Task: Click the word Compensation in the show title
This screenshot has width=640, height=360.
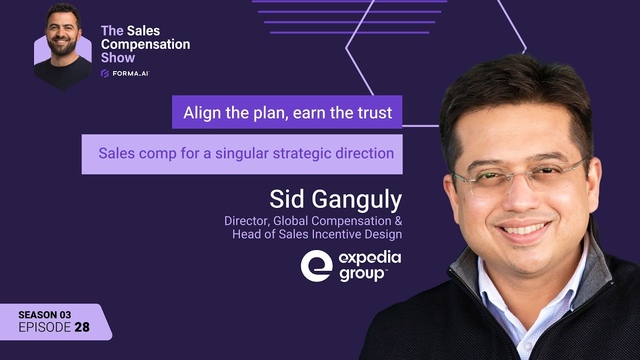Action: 145,44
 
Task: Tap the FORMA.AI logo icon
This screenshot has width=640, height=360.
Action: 105,73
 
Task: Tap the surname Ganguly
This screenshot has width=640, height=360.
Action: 357,199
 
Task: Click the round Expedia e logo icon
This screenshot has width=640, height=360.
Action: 316,266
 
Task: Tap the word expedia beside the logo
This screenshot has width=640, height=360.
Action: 370,258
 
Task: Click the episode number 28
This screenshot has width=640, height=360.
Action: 82,327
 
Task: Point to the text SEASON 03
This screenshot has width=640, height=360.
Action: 44,315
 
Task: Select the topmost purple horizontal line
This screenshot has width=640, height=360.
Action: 349,1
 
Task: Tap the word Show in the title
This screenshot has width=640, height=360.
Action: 118,57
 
